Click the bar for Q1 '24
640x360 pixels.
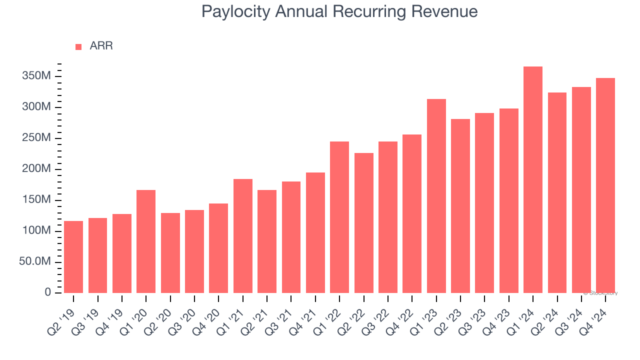pos(533,179)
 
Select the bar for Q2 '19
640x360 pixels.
pos(73,257)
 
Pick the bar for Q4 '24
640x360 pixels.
pos(605,185)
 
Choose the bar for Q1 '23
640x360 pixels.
pos(436,196)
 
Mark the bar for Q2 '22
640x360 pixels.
pos(364,223)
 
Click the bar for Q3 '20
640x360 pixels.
pos(194,251)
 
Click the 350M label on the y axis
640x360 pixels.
pos(35,76)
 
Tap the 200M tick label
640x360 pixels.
pos(35,169)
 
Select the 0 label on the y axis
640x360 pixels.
pos(47,292)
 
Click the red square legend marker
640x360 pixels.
pos(78,47)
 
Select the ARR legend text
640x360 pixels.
pos(101,46)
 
